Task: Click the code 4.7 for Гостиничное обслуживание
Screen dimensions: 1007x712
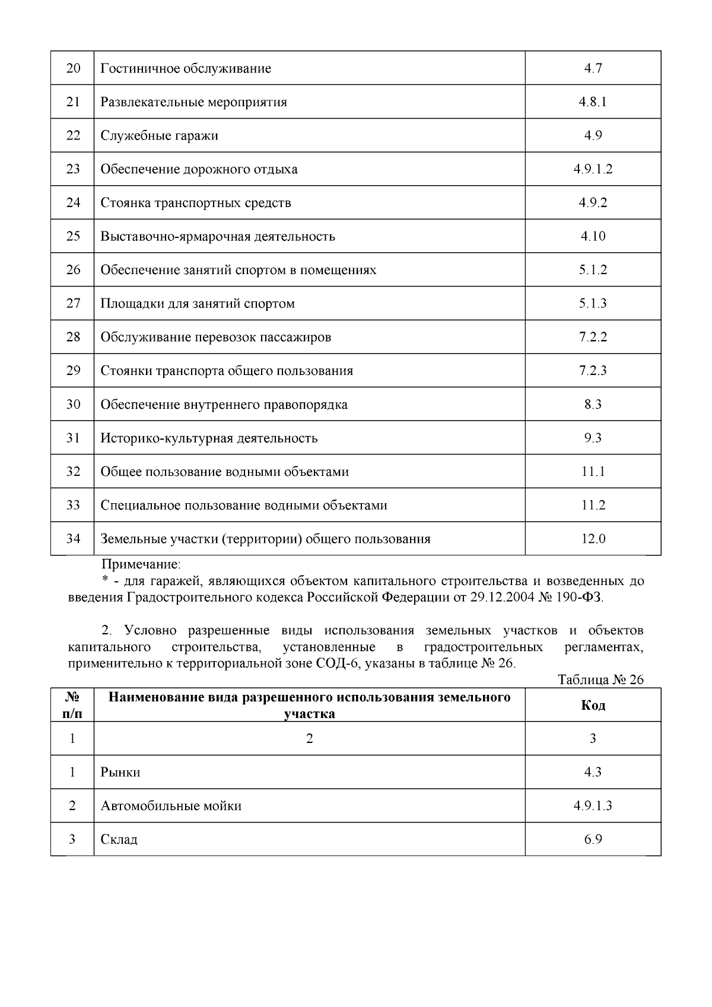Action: point(593,68)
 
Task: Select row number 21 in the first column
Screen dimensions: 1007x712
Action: point(73,102)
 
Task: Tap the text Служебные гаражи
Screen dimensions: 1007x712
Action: point(159,136)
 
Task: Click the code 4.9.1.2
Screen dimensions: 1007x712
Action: point(593,169)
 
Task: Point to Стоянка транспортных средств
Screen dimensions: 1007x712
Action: point(196,203)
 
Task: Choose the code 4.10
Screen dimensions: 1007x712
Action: point(593,236)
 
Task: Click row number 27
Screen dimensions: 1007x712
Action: point(73,304)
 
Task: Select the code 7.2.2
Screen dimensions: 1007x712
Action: point(593,337)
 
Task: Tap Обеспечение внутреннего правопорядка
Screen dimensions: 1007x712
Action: point(224,405)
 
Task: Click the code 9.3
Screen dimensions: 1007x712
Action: point(593,438)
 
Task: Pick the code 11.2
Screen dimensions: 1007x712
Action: point(593,506)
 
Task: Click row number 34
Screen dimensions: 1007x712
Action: point(73,539)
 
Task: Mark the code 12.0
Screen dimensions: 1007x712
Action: point(593,539)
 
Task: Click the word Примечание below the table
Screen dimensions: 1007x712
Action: point(141,564)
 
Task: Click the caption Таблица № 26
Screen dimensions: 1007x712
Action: point(600,680)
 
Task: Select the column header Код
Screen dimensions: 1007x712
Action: point(593,705)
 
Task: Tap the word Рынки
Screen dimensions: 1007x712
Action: point(120,772)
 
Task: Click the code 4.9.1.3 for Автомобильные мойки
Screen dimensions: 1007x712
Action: point(593,806)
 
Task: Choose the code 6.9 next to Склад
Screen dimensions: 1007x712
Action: point(593,840)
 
